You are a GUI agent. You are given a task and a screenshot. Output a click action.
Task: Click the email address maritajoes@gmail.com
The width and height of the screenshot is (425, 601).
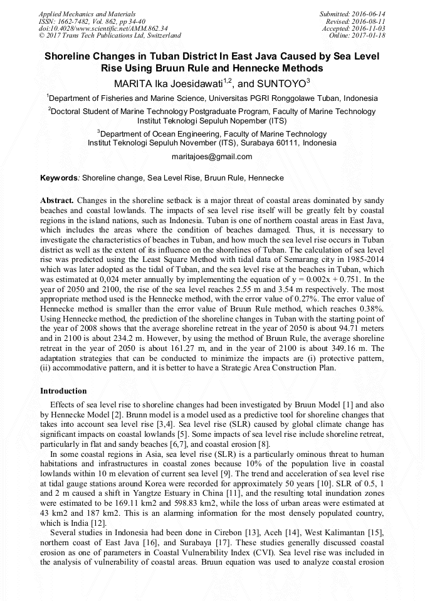(212, 157)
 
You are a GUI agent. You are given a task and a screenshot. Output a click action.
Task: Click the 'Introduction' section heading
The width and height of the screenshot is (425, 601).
(63, 391)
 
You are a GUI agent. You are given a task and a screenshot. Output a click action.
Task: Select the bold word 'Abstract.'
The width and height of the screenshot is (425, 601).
(58, 200)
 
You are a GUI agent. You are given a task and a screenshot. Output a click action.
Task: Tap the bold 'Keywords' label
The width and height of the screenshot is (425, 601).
(58, 178)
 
